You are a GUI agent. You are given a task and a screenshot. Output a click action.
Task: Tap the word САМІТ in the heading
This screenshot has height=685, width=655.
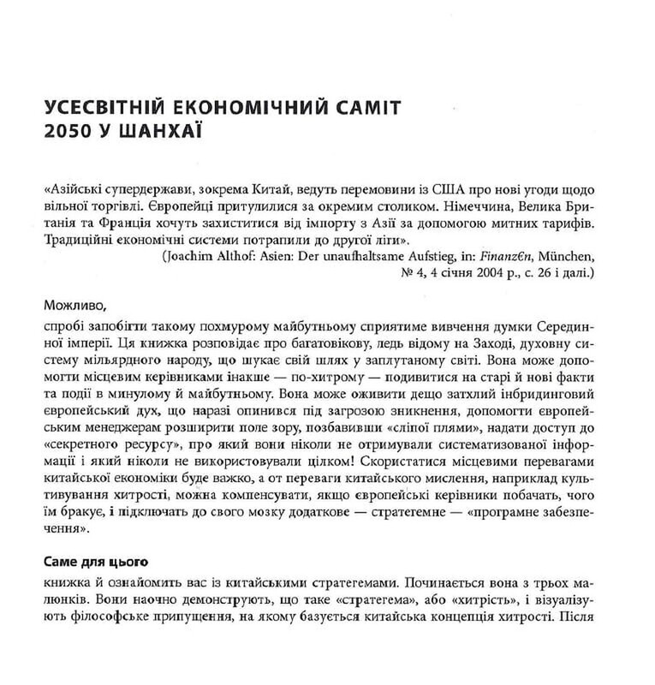368,110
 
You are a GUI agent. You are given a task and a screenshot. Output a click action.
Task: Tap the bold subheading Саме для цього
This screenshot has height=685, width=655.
95,563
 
